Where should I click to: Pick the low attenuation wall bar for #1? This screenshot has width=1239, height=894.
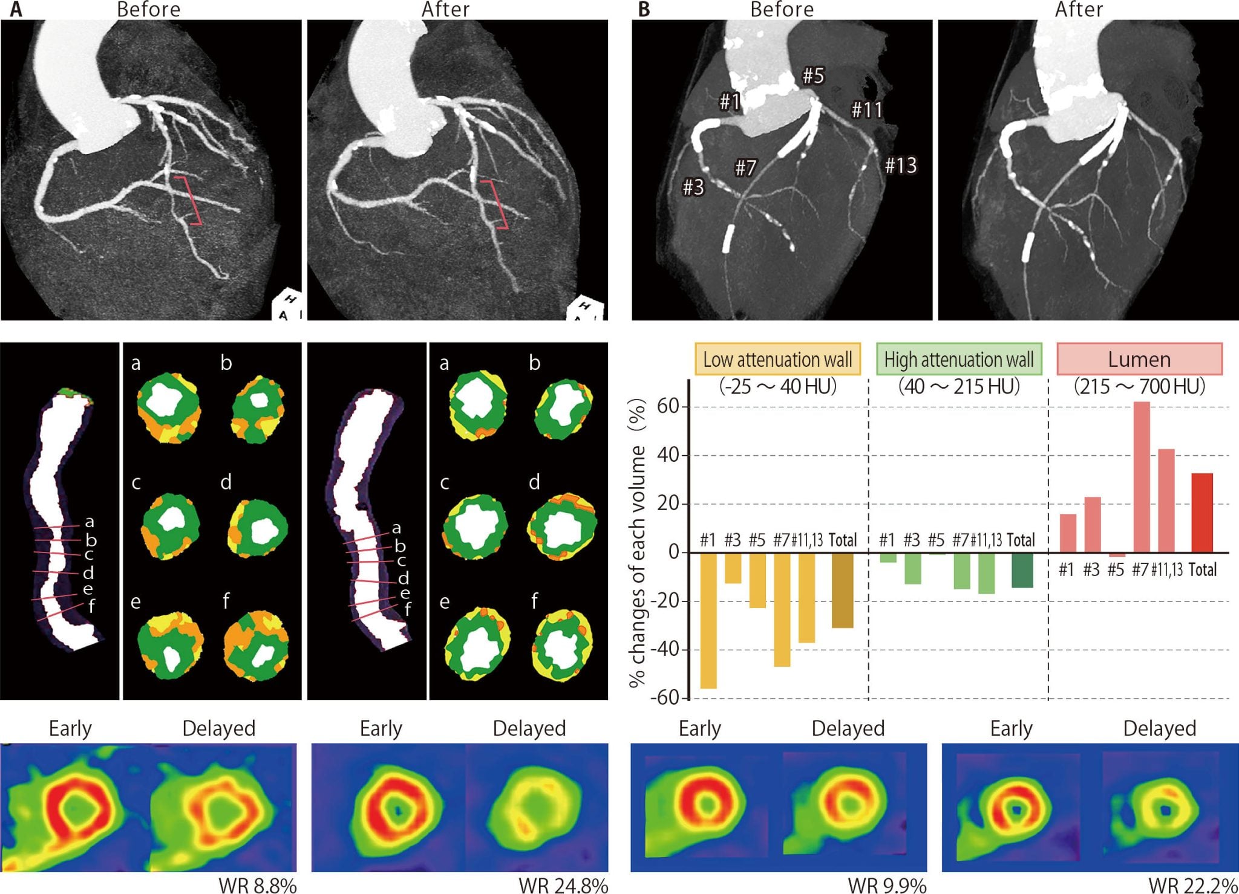[x=708, y=620]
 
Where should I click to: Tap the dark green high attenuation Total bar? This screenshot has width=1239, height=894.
[x=1022, y=569]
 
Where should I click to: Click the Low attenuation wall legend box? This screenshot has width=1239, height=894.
[x=777, y=360]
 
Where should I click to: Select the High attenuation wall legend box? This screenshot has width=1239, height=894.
[x=959, y=360]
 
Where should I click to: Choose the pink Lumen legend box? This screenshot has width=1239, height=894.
[x=1139, y=360]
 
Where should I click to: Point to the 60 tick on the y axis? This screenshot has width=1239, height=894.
[x=669, y=407]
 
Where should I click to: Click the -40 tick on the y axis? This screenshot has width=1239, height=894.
[x=665, y=650]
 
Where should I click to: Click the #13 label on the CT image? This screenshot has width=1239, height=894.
[x=901, y=165]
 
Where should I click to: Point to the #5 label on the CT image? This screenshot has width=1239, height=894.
[x=813, y=76]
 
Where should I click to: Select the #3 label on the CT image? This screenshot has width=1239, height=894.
[x=693, y=187]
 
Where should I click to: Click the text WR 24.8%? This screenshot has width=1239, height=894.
[x=563, y=886]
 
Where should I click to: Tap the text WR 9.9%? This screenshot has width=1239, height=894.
[x=887, y=886]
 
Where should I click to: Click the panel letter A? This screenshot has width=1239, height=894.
[x=16, y=10]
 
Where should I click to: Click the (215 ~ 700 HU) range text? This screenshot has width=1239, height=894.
[x=1139, y=386]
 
